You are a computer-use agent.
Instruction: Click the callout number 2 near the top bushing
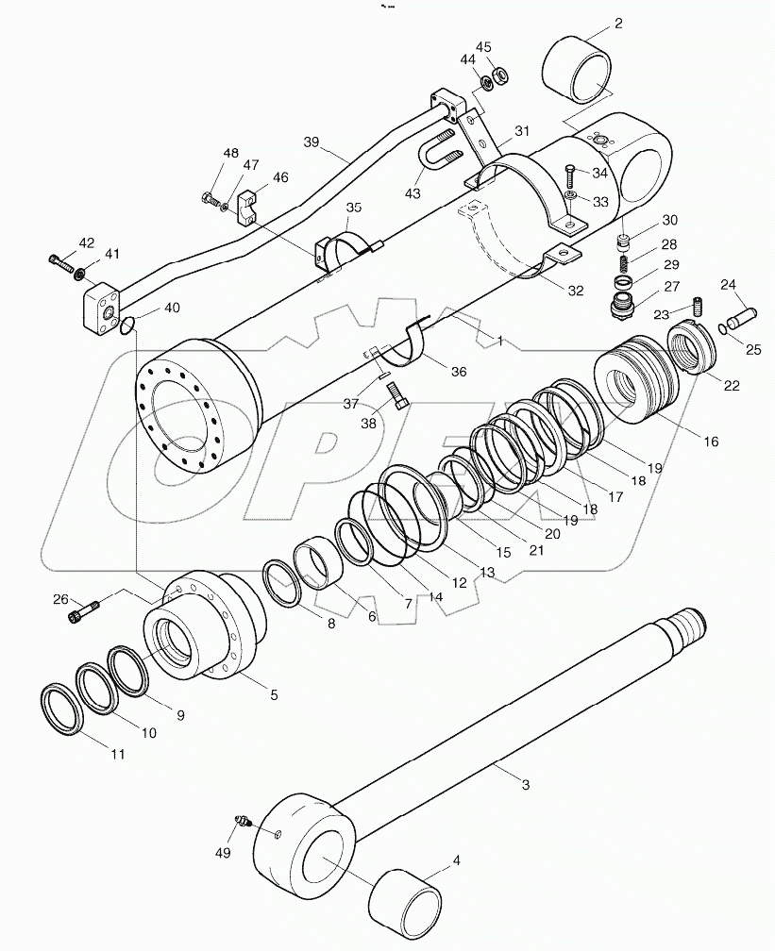pyautogui.click(x=617, y=25)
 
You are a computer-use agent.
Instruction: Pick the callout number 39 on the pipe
pyautogui.click(x=312, y=142)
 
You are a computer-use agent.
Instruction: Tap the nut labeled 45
pyautogui.click(x=501, y=73)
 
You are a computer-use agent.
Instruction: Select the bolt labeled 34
pyautogui.click(x=571, y=174)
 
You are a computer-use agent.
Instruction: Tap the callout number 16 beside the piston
pyautogui.click(x=710, y=441)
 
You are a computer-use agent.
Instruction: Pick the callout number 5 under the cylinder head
pyautogui.click(x=273, y=696)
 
